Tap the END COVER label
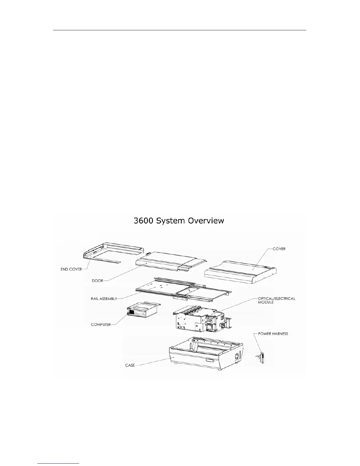coord(71,269)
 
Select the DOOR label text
coord(97,281)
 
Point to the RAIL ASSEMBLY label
coord(104,299)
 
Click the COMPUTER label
coord(101,325)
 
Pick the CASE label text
coord(130,365)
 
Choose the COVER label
coord(279,249)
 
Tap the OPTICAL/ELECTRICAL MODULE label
coord(276,300)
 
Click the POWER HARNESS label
coord(273,334)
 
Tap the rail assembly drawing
coord(182,290)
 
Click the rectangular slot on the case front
coord(211,361)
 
